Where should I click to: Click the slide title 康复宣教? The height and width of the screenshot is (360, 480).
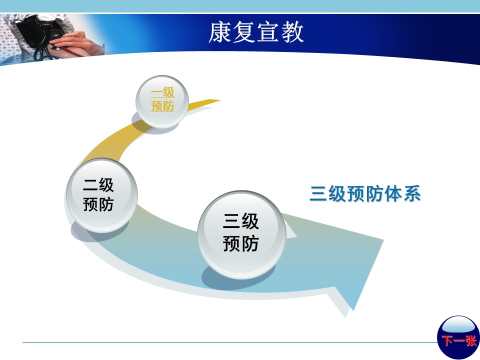tap(256, 32)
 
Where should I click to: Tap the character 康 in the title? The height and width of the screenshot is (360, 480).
tap(220, 32)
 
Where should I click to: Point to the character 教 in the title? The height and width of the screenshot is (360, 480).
tap(292, 32)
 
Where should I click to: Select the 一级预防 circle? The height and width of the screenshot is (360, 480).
tap(162, 101)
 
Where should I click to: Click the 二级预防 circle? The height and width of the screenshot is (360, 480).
tap(102, 195)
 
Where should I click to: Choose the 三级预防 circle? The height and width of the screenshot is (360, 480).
tap(242, 234)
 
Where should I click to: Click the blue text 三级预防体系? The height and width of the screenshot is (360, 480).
tap(365, 193)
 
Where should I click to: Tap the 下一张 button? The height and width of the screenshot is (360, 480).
tap(458, 337)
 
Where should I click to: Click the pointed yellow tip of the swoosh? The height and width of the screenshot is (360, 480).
tap(220, 100)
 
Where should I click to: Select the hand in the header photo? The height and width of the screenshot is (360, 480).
tap(76, 43)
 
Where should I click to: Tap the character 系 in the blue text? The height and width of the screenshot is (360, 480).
tap(412, 193)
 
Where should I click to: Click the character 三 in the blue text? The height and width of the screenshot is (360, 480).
tap(318, 193)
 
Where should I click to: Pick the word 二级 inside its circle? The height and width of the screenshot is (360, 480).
tap(98, 185)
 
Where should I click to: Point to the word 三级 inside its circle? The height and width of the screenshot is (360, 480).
tap(240, 221)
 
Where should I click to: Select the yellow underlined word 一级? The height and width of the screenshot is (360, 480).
tap(162, 92)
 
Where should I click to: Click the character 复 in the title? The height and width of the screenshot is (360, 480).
tap(244, 32)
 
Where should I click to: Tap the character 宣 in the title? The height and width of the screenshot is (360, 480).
tap(268, 32)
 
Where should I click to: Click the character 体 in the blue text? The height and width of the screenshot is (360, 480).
tap(393, 193)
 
